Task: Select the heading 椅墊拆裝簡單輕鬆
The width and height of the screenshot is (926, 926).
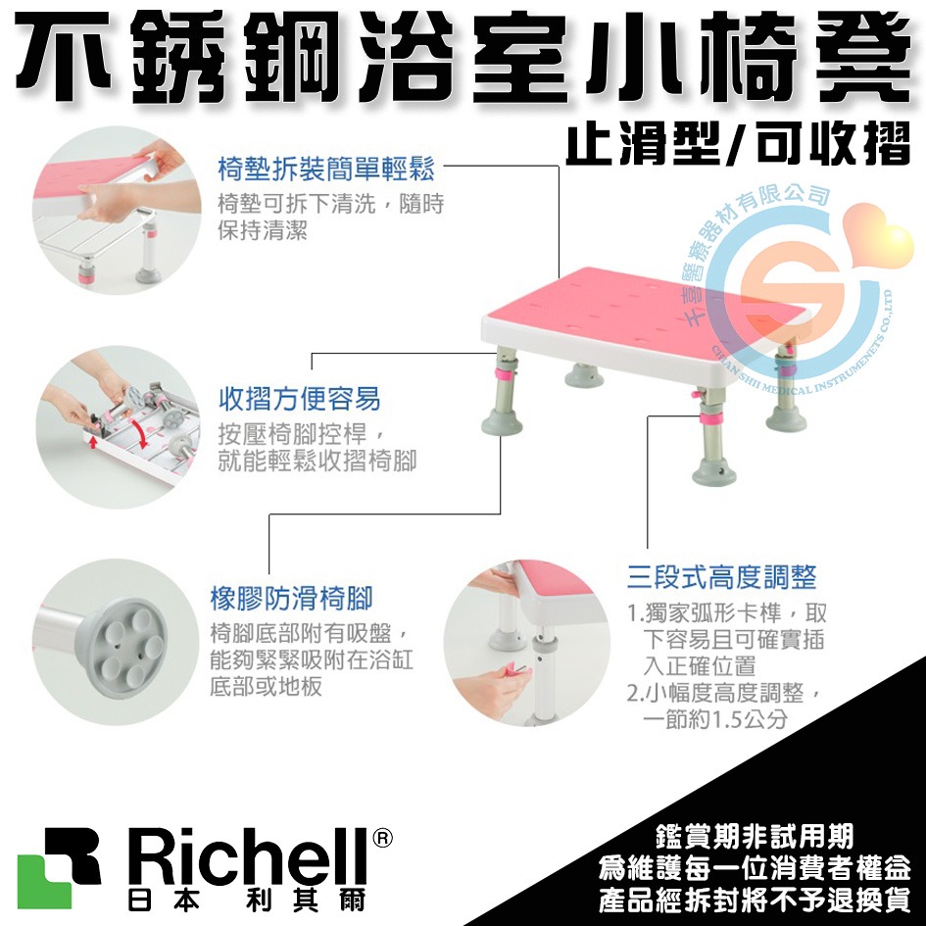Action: pos(324,169)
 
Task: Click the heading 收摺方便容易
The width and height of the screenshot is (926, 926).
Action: pos(298,399)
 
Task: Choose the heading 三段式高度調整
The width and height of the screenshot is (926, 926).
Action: pos(721,576)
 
